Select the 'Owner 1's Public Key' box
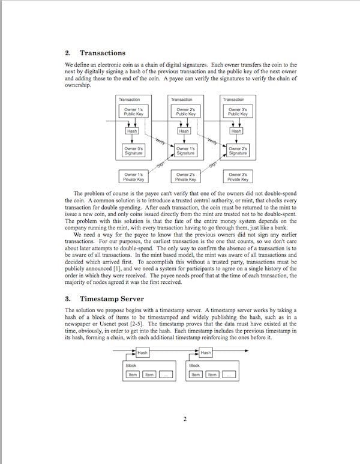click(133, 112)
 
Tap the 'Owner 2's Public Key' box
click(185, 112)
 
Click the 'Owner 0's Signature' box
click(133, 151)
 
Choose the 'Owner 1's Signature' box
click(185, 151)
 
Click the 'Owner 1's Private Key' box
click(133, 176)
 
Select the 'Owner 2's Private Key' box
click(185, 176)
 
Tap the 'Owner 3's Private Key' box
click(237, 176)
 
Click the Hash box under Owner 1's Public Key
click(132, 130)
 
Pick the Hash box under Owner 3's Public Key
click(236, 130)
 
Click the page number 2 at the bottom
click(185, 419)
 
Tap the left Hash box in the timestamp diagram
click(142, 353)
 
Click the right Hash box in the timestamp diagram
click(206, 353)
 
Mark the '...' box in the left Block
click(166, 375)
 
